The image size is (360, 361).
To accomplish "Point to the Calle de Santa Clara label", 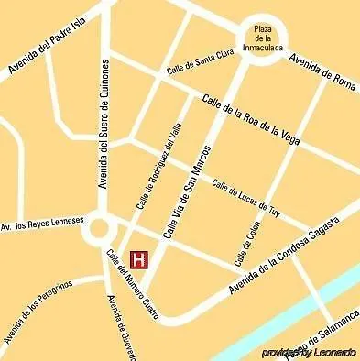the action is pos(198,61).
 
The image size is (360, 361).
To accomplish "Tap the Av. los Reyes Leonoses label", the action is pos(42,223).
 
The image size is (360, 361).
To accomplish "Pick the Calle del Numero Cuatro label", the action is pos(131,283).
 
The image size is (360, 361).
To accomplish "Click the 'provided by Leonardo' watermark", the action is pos(308,352).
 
